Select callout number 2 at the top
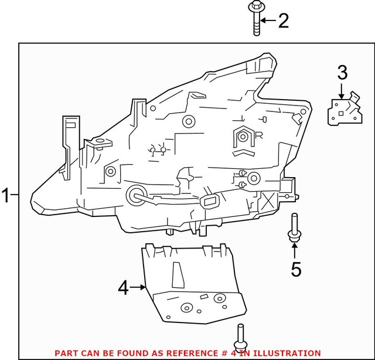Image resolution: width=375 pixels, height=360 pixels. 283,21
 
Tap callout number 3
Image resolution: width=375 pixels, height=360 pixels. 342,73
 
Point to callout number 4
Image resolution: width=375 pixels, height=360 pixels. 123,287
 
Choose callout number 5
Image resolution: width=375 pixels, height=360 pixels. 296,269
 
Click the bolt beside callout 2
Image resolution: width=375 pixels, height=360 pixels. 256,18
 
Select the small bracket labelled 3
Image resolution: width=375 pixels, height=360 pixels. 342,109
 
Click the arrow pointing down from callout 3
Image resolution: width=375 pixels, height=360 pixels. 342,90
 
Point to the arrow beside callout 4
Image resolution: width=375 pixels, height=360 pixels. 139,287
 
